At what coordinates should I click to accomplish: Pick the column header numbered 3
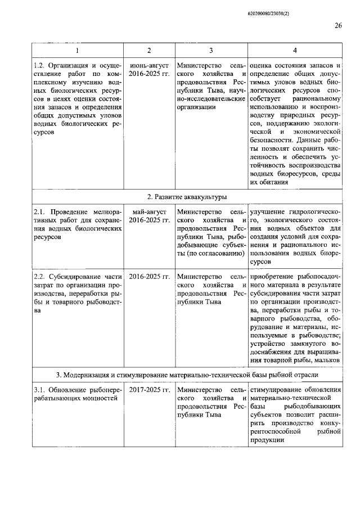pyautogui.click(x=210, y=51)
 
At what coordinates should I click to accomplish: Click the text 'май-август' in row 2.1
pyautogui.click(x=149, y=211)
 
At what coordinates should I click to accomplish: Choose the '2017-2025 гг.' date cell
pyautogui.click(x=149, y=390)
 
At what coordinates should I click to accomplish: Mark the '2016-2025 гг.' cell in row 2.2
pyautogui.click(x=149, y=276)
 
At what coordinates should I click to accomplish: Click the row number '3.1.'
pyautogui.click(x=42, y=390)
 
